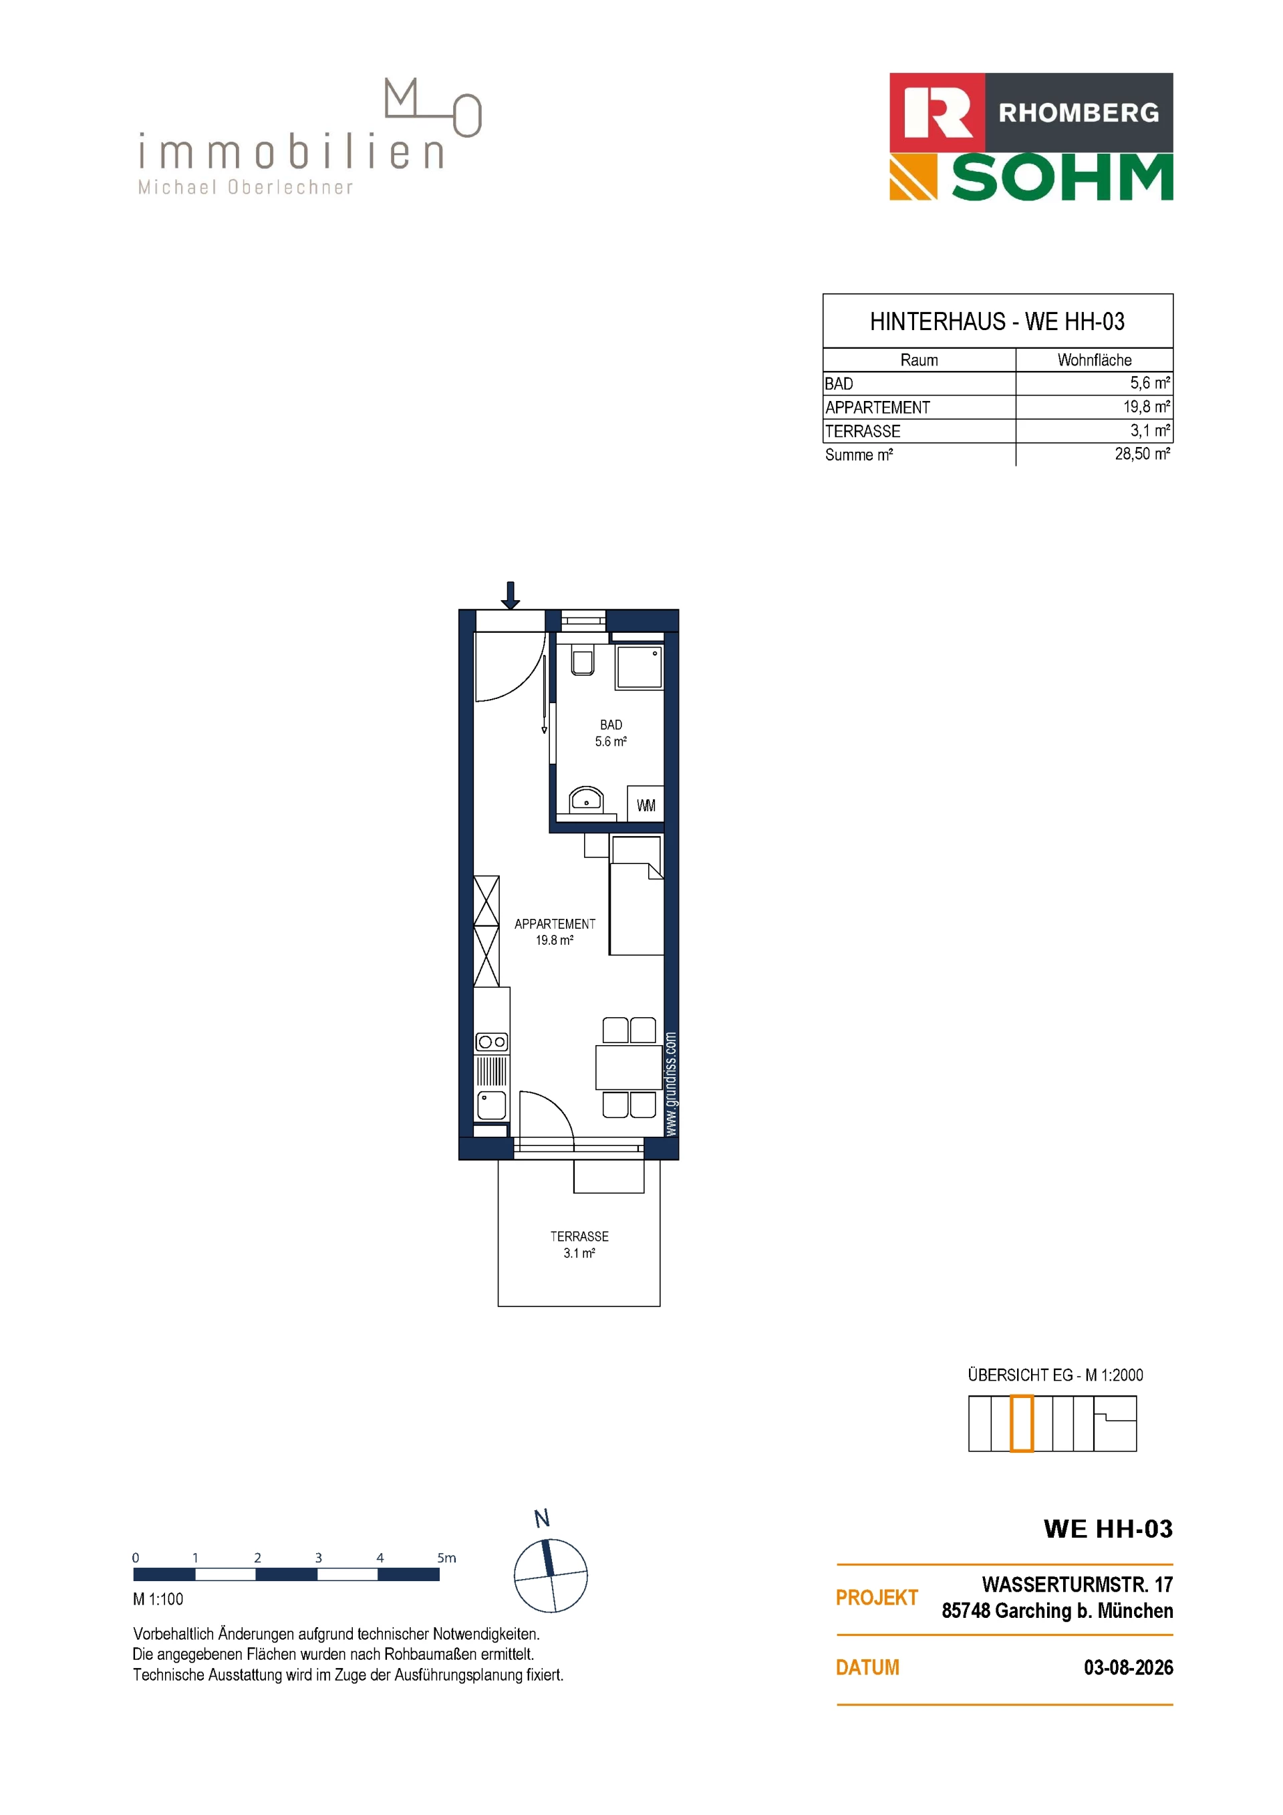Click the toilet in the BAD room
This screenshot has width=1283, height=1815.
coord(583,661)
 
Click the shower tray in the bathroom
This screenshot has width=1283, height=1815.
coord(639,667)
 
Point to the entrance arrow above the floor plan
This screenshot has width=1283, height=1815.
coord(511,595)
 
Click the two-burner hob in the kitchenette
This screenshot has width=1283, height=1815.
coord(492,1042)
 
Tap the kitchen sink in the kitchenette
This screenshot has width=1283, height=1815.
coord(492,1105)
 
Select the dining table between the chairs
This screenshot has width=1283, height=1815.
coord(629,1067)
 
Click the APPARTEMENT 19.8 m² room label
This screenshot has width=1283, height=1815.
coord(554,931)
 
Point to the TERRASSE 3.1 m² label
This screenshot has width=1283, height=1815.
coord(579,1244)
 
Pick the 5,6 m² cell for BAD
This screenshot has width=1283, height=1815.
coord(1150,383)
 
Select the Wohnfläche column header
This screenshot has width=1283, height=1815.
coord(1094,360)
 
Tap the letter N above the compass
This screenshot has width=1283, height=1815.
coord(541,1518)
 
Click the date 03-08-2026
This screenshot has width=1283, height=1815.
coord(1128,1668)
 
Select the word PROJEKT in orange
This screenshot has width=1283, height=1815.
coord(877,1598)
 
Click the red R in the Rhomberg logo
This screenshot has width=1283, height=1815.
coord(938,112)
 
